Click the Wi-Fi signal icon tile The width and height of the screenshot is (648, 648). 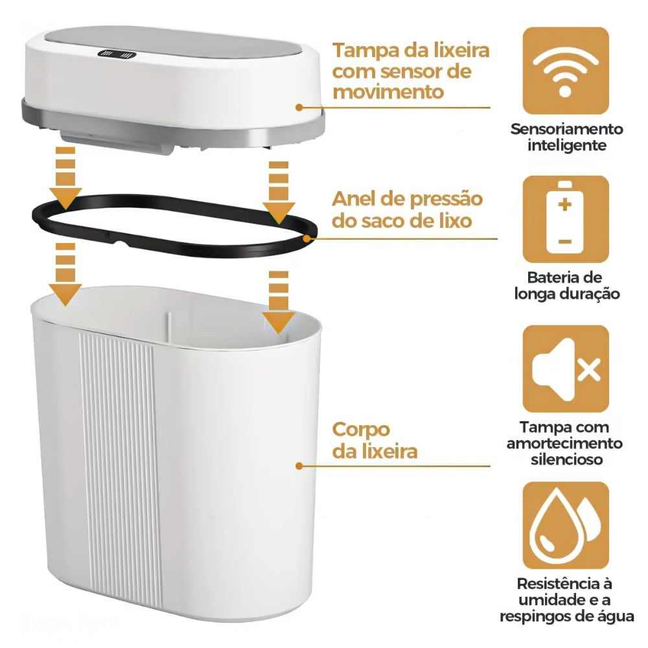coord(566,70)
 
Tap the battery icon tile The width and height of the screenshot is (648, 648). coord(566,219)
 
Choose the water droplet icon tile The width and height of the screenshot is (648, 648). coord(566,524)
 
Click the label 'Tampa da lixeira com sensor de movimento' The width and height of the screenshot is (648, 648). coord(411,71)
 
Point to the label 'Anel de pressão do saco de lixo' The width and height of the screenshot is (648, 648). coord(408,209)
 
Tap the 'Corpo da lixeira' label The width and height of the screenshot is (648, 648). coord(375,440)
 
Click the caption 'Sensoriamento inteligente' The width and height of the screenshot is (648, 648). coord(566,137)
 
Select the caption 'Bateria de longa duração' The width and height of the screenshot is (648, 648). coord(566,286)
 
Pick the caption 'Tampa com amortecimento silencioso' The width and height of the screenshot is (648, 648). coord(566,443)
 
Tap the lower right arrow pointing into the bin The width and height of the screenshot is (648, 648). coord(279,301)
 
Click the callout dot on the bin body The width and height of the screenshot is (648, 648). coord(299,465)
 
